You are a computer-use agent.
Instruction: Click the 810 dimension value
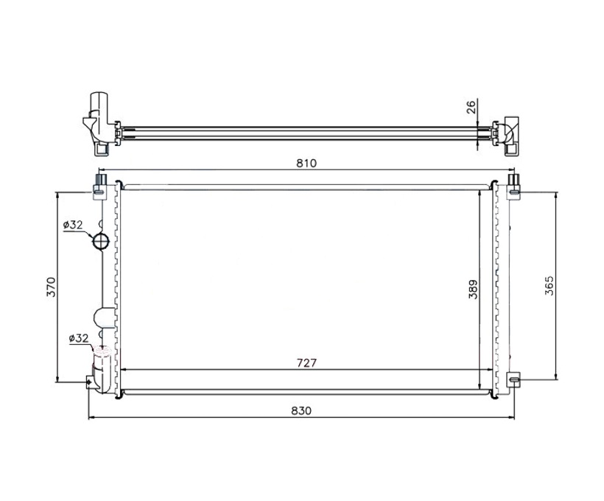(306, 163)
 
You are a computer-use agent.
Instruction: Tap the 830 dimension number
(301, 411)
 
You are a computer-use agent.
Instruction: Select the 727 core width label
(306, 363)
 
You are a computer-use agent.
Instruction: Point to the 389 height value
(473, 289)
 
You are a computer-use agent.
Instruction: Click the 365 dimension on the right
(549, 286)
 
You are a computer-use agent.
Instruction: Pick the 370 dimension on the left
(52, 287)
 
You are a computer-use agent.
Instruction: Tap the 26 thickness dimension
(471, 106)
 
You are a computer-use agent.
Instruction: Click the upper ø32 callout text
(73, 225)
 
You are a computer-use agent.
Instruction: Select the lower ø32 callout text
(79, 338)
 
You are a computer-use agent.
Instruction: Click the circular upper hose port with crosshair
(102, 241)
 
